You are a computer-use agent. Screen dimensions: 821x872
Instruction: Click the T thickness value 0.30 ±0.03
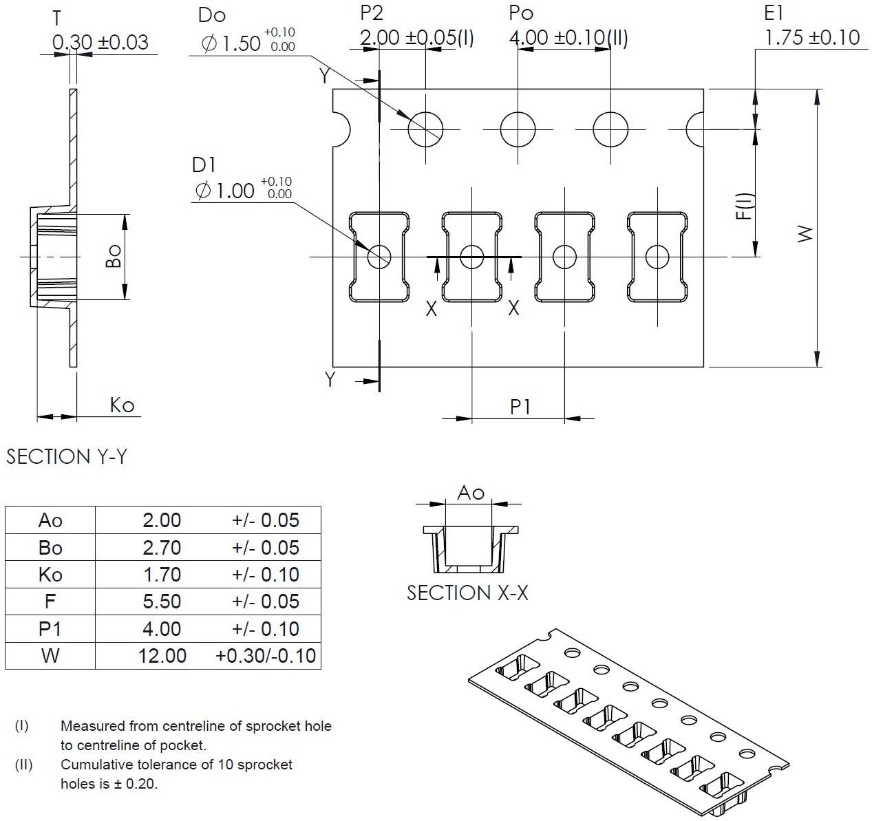pos(100,43)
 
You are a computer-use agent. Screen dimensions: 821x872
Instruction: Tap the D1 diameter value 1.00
pos(225,190)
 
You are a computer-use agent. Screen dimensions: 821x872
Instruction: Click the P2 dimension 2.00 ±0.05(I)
pos(417,38)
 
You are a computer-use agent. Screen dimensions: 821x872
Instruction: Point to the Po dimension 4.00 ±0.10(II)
pos(568,38)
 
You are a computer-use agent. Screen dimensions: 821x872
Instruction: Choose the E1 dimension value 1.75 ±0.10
pos(812,38)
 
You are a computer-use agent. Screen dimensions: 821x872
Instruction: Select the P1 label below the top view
pos(520,407)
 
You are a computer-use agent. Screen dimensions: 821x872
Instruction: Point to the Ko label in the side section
pos(122,405)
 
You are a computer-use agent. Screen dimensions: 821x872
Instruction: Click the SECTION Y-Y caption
pos(67,457)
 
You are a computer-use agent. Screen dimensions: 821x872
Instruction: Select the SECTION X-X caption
pos(467,593)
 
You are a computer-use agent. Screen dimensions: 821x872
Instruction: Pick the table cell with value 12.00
pos(162,655)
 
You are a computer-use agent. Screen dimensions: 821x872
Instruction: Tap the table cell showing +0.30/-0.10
pos(266,655)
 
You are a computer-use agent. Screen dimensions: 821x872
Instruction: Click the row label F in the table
pos(50,601)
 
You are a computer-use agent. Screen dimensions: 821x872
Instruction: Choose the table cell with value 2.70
pos(162,548)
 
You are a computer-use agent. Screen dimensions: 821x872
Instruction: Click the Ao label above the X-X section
pos(471,493)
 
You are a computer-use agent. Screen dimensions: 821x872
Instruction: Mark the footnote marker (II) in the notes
pos(23,765)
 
